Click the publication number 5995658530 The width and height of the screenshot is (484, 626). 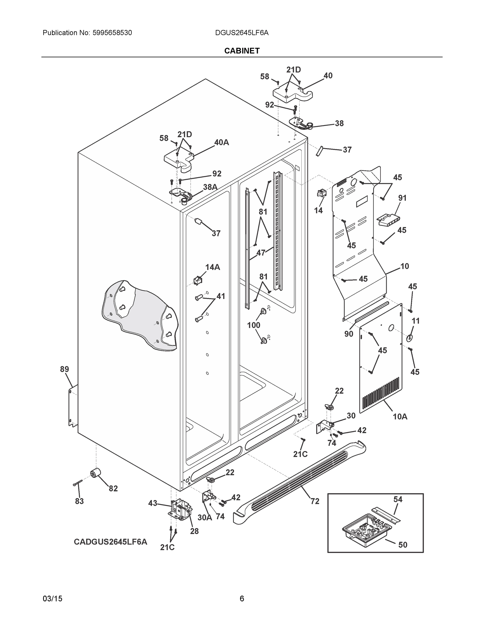coord(112,33)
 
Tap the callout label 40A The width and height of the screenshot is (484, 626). coord(221,142)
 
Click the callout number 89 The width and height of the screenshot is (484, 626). coord(64,369)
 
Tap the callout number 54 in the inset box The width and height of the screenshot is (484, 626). coord(398,499)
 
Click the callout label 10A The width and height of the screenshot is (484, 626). coord(400,417)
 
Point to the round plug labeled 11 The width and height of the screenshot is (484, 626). coord(409,338)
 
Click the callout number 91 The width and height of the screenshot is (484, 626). coord(402,198)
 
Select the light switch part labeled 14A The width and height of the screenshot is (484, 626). coord(198,280)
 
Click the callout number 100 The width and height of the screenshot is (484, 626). coord(253,325)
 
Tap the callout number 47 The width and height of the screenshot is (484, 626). coord(261,253)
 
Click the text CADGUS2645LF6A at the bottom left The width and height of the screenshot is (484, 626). coord(110,542)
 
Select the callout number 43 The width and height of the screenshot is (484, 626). coord(153,503)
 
